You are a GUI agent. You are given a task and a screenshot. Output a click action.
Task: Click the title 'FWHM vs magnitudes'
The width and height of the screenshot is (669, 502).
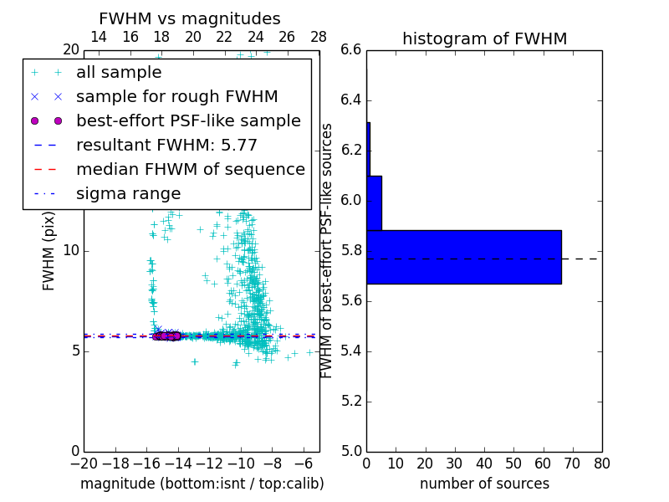(x=190, y=19)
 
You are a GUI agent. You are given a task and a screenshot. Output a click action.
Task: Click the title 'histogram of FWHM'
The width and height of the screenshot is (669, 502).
(x=484, y=38)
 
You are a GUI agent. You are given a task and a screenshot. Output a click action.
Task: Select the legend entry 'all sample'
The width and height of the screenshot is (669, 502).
(x=119, y=73)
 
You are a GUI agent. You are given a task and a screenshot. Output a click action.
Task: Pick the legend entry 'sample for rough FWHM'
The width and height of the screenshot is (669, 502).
(x=176, y=97)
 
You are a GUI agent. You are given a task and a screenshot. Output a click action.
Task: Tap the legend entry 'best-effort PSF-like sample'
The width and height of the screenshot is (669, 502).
(x=188, y=121)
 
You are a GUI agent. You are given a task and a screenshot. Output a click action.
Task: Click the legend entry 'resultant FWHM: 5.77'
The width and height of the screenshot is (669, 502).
(x=166, y=146)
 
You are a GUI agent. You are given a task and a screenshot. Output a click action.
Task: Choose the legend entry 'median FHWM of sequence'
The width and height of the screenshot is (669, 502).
(x=190, y=170)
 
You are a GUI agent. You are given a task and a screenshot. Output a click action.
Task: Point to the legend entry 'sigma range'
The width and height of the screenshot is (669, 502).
(x=128, y=194)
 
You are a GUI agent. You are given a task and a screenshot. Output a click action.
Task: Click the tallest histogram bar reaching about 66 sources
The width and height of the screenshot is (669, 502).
(x=463, y=257)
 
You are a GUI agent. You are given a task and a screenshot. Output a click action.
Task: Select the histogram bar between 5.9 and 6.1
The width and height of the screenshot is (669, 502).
(x=374, y=202)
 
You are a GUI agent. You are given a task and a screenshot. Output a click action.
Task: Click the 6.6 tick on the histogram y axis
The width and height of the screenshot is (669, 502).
(x=351, y=50)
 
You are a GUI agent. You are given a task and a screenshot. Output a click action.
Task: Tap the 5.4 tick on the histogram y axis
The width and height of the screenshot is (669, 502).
(x=351, y=351)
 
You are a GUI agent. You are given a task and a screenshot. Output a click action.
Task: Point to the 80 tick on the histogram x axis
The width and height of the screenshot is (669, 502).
(x=601, y=464)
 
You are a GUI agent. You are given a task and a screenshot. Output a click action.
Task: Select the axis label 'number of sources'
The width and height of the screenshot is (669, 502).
(x=484, y=484)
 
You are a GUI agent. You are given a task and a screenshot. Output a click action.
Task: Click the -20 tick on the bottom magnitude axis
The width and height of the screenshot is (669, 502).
(x=84, y=464)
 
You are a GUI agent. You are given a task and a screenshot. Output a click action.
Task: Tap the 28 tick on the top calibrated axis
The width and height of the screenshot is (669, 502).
(x=319, y=37)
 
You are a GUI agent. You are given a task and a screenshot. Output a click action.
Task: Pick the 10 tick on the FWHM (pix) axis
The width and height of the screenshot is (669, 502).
(x=71, y=251)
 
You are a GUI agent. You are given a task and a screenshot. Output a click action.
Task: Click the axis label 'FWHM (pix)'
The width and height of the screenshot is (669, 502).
(x=49, y=251)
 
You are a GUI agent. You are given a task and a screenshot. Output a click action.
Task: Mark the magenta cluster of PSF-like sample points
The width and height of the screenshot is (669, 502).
(x=167, y=336)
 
